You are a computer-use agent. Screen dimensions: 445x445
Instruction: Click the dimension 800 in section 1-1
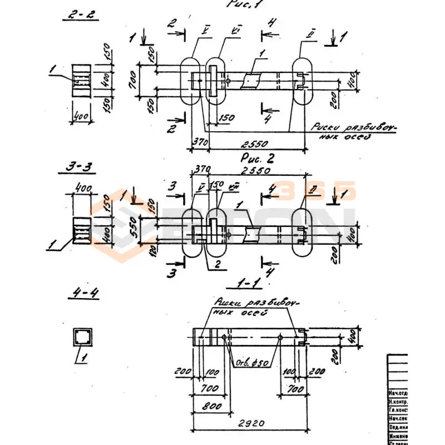click(x=209, y=406)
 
